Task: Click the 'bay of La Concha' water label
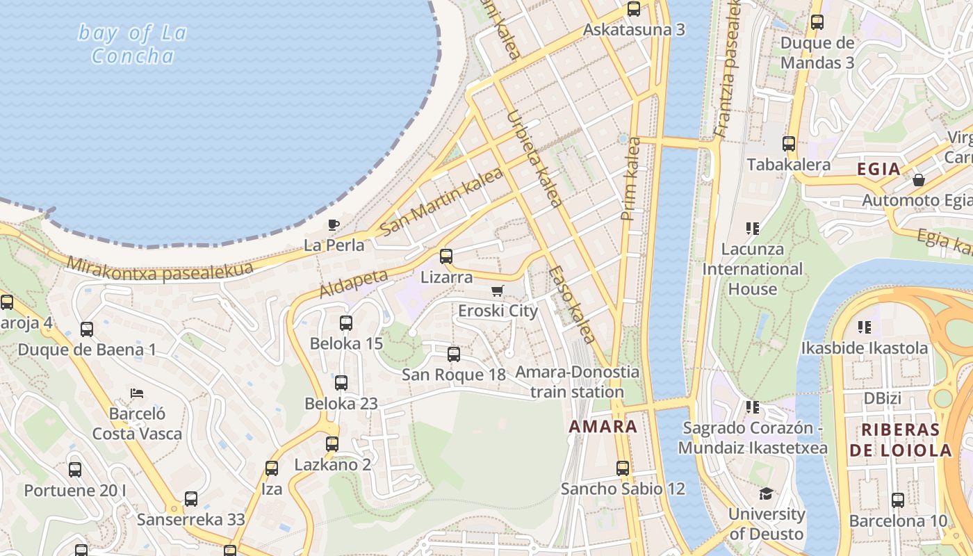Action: [x=132, y=44]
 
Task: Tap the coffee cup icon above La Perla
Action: [x=334, y=224]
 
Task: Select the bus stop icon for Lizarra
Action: [x=446, y=256]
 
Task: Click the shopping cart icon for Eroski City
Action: [x=497, y=291]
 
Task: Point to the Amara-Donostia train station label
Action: [x=577, y=382]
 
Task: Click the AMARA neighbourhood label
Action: [x=603, y=426]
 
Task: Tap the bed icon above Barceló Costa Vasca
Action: [x=137, y=393]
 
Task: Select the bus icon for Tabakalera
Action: [x=789, y=144]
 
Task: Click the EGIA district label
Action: [x=878, y=169]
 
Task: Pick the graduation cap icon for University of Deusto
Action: [x=766, y=493]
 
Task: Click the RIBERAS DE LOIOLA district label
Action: [x=900, y=439]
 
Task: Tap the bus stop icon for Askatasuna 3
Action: [x=634, y=9]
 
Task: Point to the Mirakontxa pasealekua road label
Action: [x=160, y=270]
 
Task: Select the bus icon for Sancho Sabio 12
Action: [x=623, y=468]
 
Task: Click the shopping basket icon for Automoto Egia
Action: [x=919, y=180]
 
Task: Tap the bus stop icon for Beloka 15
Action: [x=346, y=323]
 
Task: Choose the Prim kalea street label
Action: [x=632, y=179]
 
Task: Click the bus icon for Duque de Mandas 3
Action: [x=817, y=22]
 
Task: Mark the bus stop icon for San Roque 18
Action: [x=454, y=354]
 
